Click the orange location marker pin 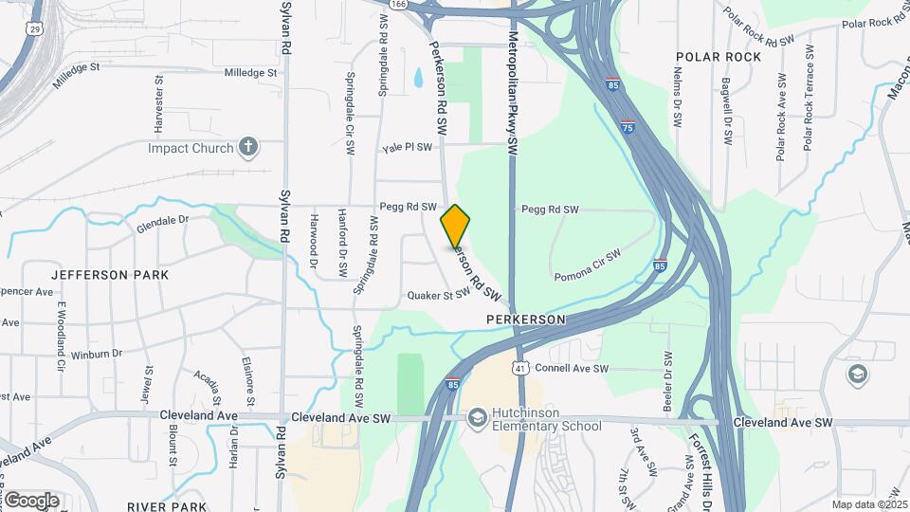pos(456,226)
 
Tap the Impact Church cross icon pos(248,147)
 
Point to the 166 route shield pos(398,5)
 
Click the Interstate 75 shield pos(628,125)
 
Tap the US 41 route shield pos(520,366)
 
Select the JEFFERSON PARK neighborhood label pos(110,275)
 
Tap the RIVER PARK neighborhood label pos(167,506)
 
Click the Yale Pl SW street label pos(407,147)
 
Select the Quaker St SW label pos(439,294)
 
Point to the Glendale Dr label pos(163,224)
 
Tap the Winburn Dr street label pos(102,353)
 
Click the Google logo pos(31,500)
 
